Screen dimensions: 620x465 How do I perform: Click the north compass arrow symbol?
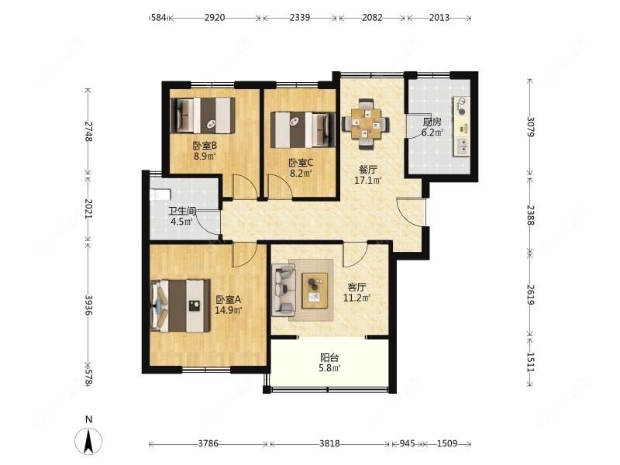pyautogui.click(x=88, y=440)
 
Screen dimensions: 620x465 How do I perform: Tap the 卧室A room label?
pyautogui.click(x=228, y=300)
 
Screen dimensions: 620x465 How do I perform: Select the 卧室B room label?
pyautogui.click(x=205, y=146)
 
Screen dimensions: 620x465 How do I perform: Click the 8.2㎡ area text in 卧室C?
pyautogui.click(x=301, y=173)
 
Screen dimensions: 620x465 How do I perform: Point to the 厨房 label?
pyautogui.click(x=432, y=122)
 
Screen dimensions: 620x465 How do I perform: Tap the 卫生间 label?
pyautogui.click(x=182, y=211)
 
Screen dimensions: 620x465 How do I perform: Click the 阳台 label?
pyautogui.click(x=329, y=358)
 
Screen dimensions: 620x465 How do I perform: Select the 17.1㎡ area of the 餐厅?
pyautogui.click(x=367, y=181)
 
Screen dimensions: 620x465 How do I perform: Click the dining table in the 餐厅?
pyautogui.click(x=366, y=123)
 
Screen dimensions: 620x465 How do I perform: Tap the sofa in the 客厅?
pyautogui.click(x=284, y=291)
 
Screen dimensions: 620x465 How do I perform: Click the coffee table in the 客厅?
pyautogui.click(x=315, y=290)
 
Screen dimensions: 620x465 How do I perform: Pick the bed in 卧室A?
pyautogui.click(x=181, y=305)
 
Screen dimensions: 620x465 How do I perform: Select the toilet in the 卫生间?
pyautogui.click(x=160, y=195)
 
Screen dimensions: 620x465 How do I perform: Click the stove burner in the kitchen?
pyautogui.click(x=461, y=107)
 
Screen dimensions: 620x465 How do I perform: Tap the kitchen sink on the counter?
pyautogui.click(x=461, y=146)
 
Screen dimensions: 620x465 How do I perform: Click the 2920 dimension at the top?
pyautogui.click(x=215, y=17)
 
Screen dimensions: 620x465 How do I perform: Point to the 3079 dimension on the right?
pyautogui.click(x=531, y=126)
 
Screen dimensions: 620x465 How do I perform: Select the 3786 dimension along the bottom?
pyautogui.click(x=208, y=443)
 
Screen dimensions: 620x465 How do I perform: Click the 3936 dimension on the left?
pyautogui.click(x=88, y=305)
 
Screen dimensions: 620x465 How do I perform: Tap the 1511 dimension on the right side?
pyautogui.click(x=531, y=362)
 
